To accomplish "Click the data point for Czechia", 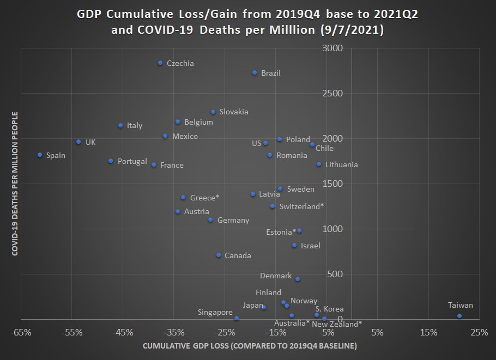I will (x=160, y=63).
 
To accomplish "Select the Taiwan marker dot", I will (x=459, y=316).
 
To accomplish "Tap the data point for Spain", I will (x=40, y=155).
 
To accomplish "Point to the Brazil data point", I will (x=255, y=73).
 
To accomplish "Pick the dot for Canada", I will (x=219, y=255).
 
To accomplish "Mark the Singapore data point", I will (x=237, y=318).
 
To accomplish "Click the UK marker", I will (x=78, y=142).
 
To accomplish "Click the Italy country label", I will (x=135, y=126).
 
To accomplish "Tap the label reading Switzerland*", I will (x=301, y=207).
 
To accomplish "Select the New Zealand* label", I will (x=337, y=325).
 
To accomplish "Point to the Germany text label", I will (x=233, y=221).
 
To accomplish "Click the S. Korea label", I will (x=330, y=309).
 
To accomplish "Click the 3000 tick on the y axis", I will (x=332, y=48).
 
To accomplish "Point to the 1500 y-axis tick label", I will (x=332, y=184).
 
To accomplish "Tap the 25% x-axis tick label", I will (x=479, y=332).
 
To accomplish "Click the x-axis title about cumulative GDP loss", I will (x=250, y=346).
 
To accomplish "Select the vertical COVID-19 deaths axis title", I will (x=15, y=184).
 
